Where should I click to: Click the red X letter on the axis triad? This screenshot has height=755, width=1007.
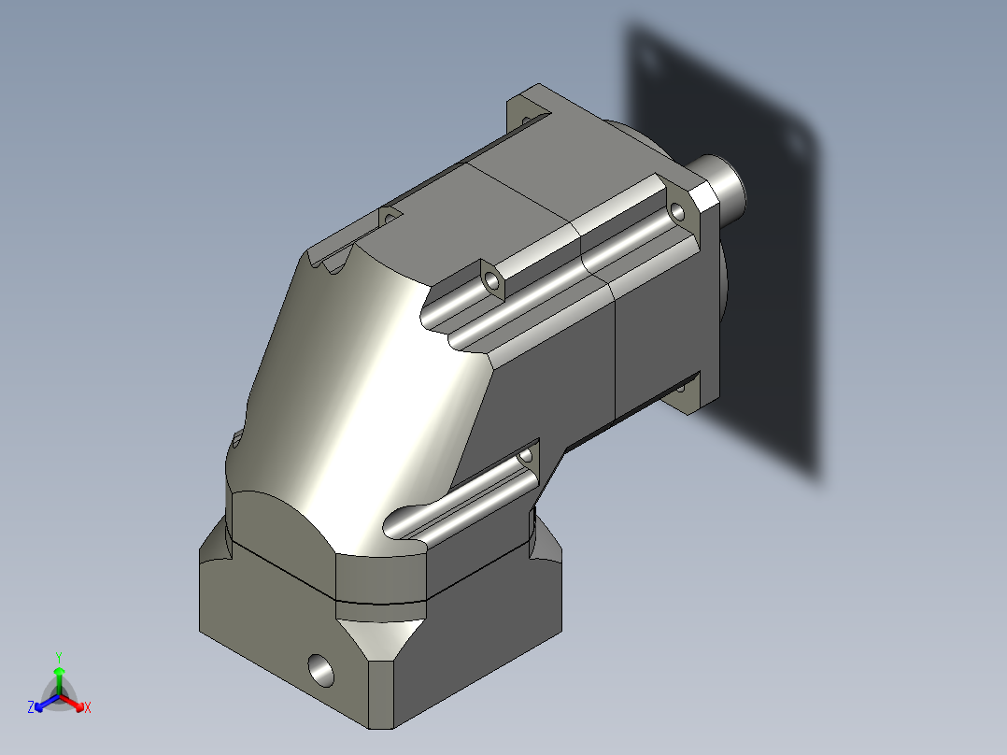(x=87, y=708)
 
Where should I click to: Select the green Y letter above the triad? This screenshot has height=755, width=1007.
(x=58, y=656)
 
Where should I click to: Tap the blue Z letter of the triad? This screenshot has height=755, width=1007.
(x=31, y=707)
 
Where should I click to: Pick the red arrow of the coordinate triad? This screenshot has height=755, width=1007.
(x=75, y=703)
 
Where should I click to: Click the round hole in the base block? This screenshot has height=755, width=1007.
(x=319, y=668)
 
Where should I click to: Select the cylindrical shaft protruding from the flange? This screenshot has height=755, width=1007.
(x=724, y=182)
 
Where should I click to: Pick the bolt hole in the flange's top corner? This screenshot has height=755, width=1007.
(x=525, y=120)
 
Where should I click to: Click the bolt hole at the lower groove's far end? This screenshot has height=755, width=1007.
(x=526, y=455)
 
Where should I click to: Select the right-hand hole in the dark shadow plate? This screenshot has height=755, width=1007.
(x=795, y=141)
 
